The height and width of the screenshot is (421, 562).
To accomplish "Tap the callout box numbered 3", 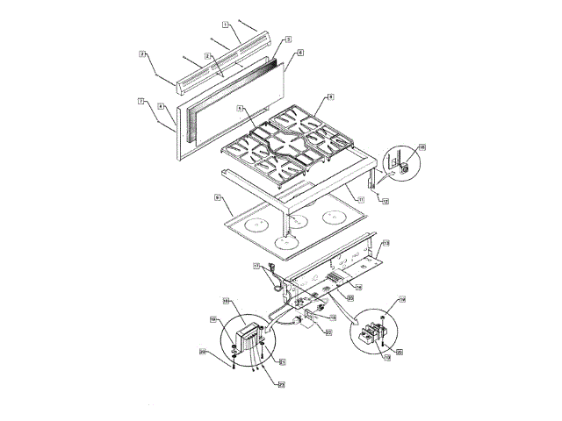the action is point(288,40).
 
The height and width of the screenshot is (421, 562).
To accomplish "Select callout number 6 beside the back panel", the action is point(300,53).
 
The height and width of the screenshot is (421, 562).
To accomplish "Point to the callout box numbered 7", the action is point(140,101).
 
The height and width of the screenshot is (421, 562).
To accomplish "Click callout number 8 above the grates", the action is point(330,96).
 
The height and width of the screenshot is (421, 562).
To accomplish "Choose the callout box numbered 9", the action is point(217,199).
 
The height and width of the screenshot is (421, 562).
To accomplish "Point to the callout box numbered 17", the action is point(256,265).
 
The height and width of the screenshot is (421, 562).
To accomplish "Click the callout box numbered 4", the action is point(162,106).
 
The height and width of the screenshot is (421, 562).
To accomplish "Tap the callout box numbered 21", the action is point(282,360).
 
